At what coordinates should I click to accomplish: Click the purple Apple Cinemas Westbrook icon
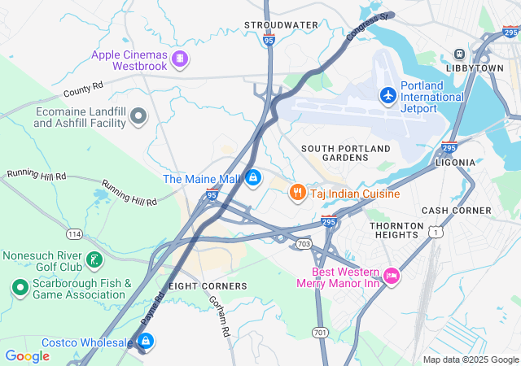(180, 59)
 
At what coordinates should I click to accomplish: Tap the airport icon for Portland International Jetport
(387, 96)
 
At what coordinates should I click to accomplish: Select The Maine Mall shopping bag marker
(253, 176)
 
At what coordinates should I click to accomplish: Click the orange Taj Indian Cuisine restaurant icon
(297, 192)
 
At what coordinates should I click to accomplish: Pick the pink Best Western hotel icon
(391, 277)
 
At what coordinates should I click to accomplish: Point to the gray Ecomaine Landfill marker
(138, 117)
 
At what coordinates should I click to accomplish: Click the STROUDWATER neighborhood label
(281, 25)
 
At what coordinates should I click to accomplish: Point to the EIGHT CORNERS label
(208, 286)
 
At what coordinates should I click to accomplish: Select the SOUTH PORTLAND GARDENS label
(345, 153)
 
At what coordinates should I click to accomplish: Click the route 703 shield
(304, 243)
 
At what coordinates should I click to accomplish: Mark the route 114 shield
(75, 234)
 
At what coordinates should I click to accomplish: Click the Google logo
(27, 355)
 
